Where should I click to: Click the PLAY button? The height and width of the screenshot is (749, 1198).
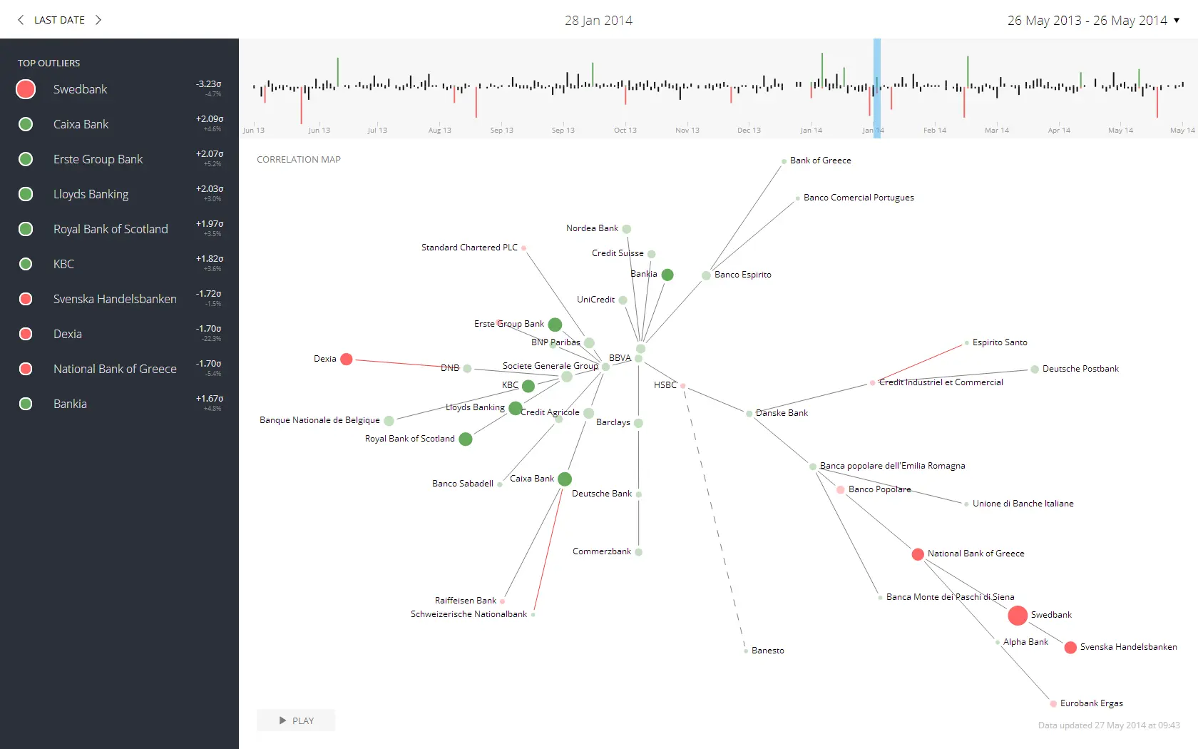[x=296, y=720]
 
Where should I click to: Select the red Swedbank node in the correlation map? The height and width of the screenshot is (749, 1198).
[x=1018, y=615]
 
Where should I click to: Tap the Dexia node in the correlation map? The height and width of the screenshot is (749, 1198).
[x=347, y=359]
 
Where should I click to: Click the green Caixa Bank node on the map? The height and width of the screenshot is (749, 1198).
[x=565, y=479]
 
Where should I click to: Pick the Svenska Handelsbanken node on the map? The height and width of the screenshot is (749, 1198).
[x=1070, y=648]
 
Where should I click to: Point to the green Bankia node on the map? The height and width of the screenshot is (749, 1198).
[x=667, y=275]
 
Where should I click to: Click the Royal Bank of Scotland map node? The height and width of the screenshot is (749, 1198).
[x=466, y=439]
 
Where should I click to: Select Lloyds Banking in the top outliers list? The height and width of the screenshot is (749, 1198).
[x=91, y=194]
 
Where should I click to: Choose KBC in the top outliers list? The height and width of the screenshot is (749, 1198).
[x=63, y=264]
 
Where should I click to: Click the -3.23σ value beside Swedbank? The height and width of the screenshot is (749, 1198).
[x=209, y=84]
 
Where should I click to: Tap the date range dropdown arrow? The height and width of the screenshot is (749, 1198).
[x=1177, y=20]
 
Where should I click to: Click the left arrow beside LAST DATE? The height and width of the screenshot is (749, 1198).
[x=21, y=20]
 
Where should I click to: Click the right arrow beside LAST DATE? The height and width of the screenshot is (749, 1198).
[x=98, y=20]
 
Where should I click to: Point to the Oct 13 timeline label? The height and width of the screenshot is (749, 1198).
[x=625, y=130]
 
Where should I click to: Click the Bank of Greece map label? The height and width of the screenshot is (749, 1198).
[x=820, y=160]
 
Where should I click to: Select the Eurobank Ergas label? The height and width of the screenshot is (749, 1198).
[x=1091, y=703]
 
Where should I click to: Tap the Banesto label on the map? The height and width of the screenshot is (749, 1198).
[x=767, y=651]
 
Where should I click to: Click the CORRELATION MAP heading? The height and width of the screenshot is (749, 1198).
[x=299, y=159]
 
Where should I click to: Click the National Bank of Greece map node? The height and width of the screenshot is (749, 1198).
[x=918, y=554]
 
